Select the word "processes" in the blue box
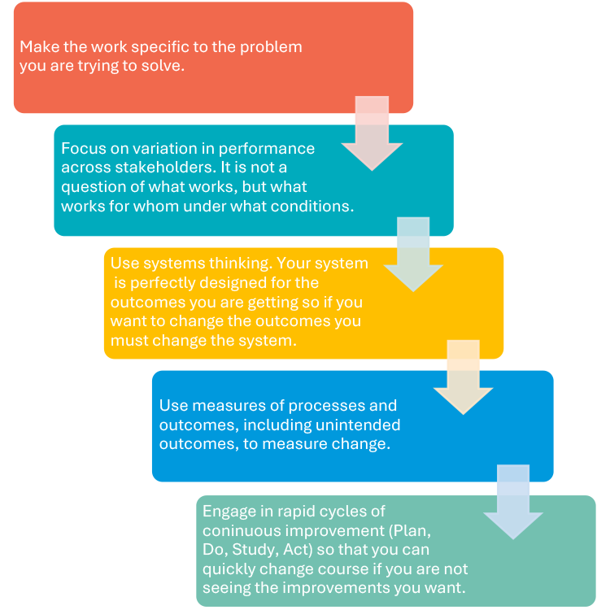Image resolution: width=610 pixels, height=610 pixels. (x=359, y=406)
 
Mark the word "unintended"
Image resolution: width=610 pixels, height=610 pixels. (x=359, y=425)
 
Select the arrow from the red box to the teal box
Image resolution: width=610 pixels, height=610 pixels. (x=373, y=134)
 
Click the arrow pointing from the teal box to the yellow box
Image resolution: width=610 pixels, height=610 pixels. (x=413, y=255)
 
